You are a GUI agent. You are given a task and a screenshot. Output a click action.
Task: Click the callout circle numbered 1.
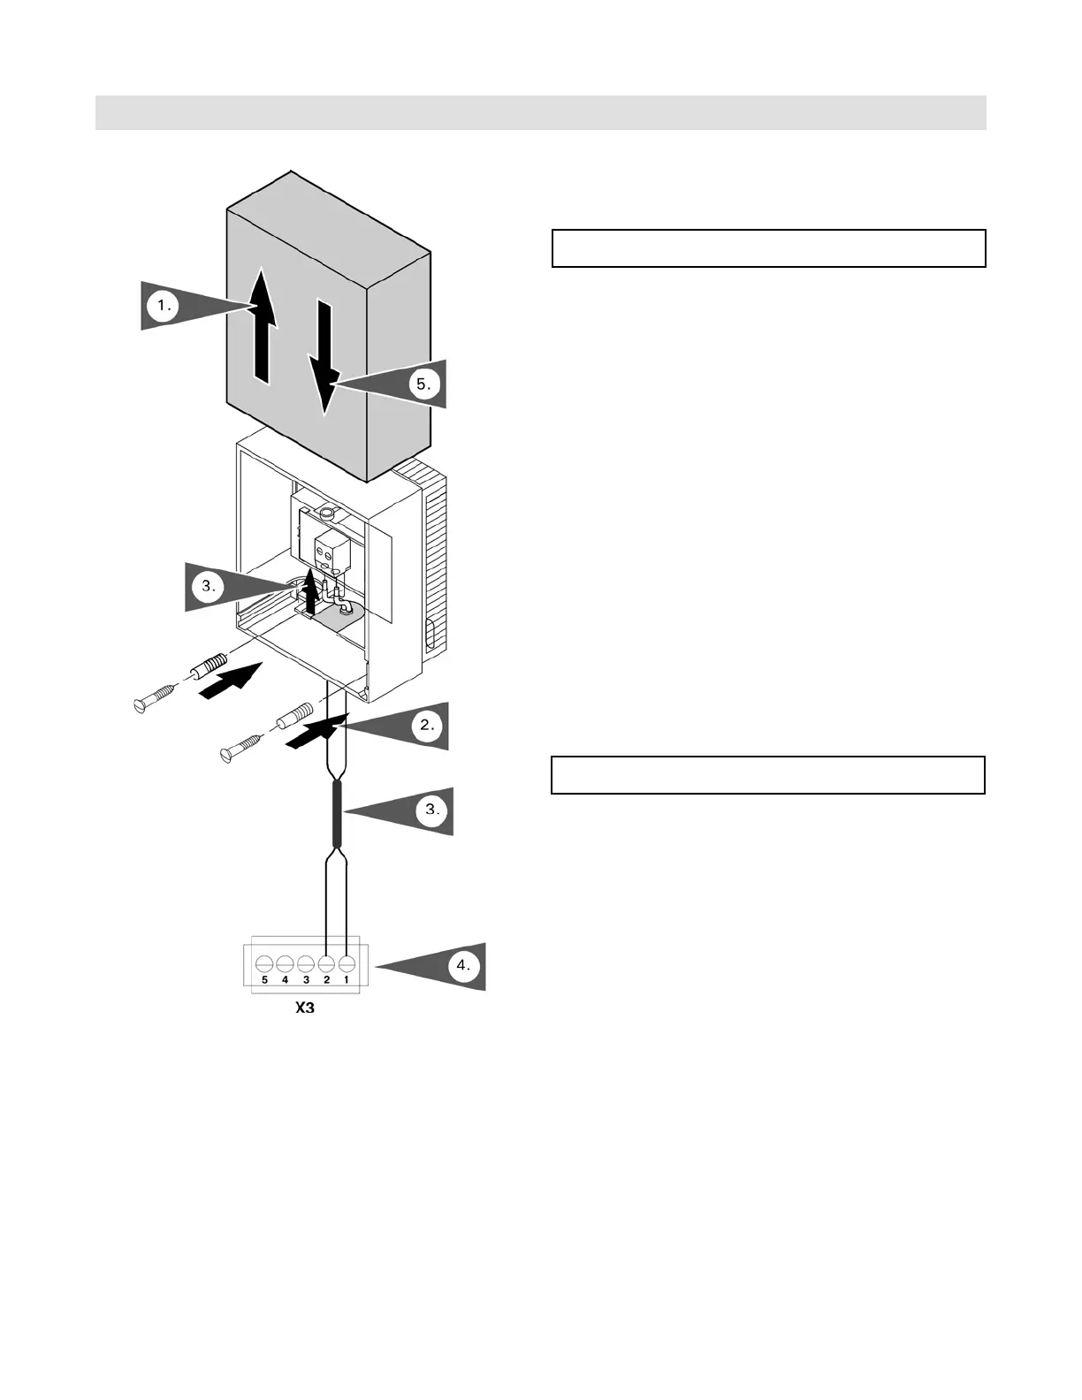[163, 306]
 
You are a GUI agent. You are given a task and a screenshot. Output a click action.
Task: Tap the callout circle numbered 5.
[424, 384]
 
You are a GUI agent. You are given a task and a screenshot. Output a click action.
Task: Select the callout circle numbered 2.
[428, 726]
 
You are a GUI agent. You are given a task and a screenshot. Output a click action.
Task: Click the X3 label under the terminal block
[304, 1008]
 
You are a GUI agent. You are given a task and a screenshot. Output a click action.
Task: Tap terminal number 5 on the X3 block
[264, 963]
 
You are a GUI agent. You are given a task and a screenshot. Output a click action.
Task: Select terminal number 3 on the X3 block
[306, 963]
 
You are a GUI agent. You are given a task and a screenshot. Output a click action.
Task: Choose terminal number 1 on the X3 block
[347, 963]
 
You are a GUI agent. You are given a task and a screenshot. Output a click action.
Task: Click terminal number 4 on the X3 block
[285, 963]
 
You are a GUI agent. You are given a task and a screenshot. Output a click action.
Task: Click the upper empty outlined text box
[768, 248]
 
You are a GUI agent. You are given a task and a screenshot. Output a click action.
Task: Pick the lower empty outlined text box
[767, 775]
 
